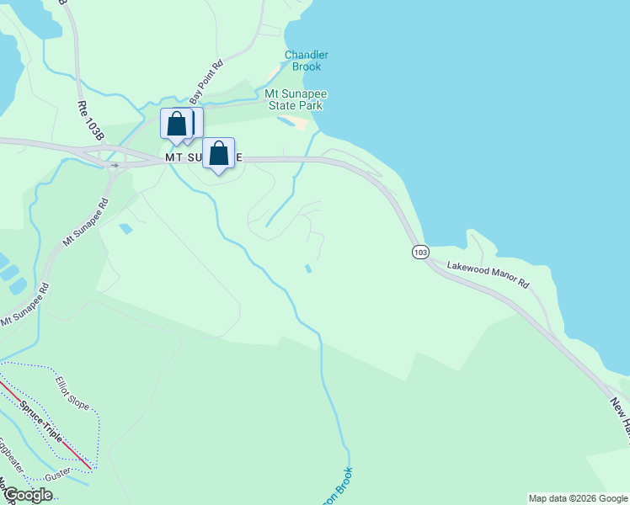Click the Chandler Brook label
[306, 61]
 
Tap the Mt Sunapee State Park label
[295, 99]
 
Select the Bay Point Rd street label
[205, 81]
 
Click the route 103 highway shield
[420, 252]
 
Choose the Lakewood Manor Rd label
[488, 275]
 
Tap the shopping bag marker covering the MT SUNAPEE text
[219, 154]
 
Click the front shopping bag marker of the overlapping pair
[177, 124]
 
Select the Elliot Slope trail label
[72, 394]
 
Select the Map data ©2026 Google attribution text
[578, 498]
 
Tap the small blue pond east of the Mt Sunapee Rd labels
[126, 228]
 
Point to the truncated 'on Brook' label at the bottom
[346, 483]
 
